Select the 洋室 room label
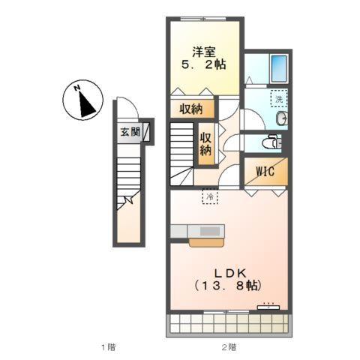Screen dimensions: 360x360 point(203,52)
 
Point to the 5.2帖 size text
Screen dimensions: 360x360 point(203,66)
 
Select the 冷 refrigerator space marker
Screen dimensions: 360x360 point(211,196)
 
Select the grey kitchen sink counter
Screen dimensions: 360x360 point(199,231)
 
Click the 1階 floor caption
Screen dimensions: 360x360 point(108,346)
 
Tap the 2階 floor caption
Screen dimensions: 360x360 point(229,346)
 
